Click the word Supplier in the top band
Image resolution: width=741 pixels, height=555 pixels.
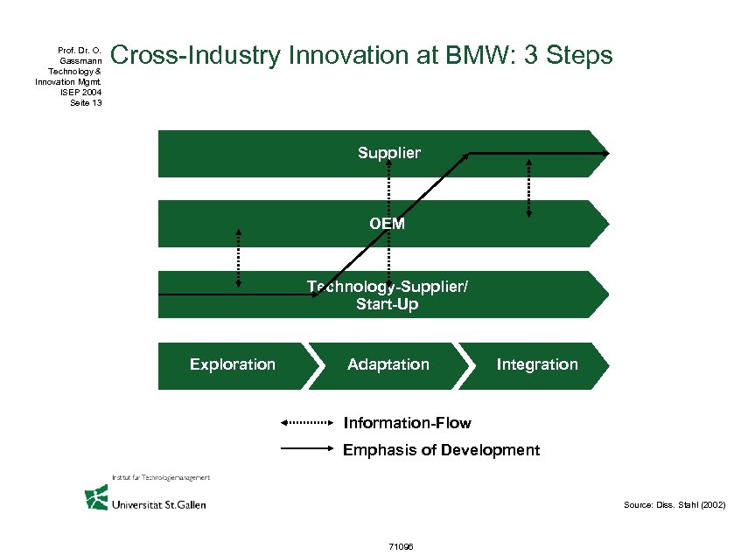[388, 153]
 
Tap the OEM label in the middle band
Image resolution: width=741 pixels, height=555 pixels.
[387, 224]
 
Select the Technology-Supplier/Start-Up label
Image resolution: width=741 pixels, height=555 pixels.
[388, 295]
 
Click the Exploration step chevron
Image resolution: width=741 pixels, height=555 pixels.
[233, 364]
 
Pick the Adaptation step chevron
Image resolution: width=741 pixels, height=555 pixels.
[388, 364]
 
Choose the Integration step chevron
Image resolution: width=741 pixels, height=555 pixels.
[537, 364]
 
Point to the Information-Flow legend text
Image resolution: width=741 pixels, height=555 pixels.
[407, 423]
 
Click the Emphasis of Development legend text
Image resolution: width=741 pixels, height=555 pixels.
[441, 450]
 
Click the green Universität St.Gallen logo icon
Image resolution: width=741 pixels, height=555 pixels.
[96, 496]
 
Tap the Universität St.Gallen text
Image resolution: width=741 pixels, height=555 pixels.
[158, 504]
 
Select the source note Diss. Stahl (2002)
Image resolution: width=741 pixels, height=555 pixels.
[674, 505]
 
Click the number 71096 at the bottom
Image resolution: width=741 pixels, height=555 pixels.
[400, 546]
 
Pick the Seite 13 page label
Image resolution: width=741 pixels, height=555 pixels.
[85, 103]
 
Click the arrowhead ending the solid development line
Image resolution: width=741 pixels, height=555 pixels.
[605, 153]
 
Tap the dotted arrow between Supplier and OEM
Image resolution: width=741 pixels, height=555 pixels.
[528, 188]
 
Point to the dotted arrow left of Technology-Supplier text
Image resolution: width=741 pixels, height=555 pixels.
[238, 259]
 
